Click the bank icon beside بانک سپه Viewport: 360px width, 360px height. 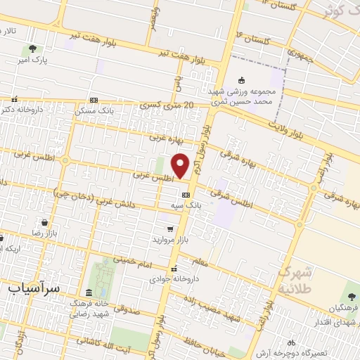(186, 195)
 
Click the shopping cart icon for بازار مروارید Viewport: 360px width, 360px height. (169, 229)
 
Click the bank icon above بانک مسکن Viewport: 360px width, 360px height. (94, 100)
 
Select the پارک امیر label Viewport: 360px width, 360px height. (33, 60)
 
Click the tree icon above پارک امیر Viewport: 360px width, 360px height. (33, 49)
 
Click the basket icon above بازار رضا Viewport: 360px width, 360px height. (44, 221)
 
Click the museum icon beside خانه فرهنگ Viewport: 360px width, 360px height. (88, 292)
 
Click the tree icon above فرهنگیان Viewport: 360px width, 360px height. (351, 295)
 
